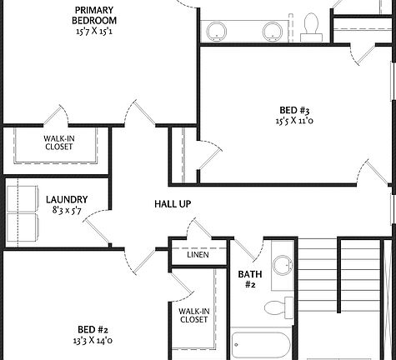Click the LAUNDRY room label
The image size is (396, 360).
tap(68, 199)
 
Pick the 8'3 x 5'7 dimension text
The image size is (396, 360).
tap(68, 212)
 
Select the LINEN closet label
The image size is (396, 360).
tap(198, 254)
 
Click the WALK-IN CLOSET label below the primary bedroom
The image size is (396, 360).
tap(58, 142)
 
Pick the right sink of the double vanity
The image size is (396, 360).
tap(273, 32)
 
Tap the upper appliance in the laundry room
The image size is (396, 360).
tap(23, 199)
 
